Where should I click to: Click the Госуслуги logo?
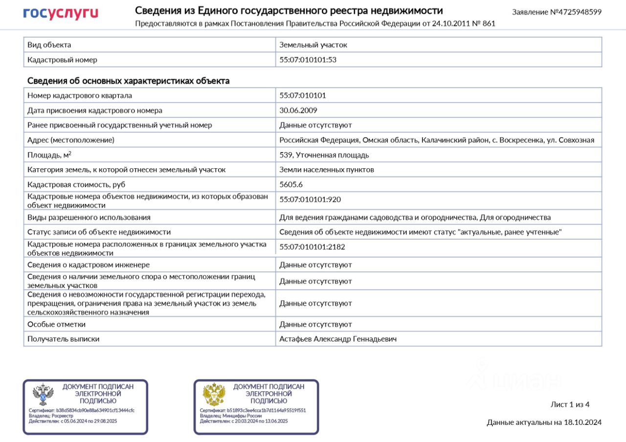tap(61, 13)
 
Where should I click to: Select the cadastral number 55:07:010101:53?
tap(308, 60)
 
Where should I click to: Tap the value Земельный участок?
tap(313, 44)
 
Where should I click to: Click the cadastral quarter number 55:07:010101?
tap(302, 95)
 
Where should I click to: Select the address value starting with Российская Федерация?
tap(437, 140)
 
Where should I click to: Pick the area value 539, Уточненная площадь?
tap(324, 155)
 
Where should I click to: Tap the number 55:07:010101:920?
tap(310, 199)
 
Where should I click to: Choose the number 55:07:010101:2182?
tap(312, 247)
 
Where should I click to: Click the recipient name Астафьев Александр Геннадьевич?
tap(338, 338)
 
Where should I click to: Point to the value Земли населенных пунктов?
tap(326, 170)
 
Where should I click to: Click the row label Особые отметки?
tap(56, 324)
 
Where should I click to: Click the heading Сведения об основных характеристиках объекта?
tap(128, 81)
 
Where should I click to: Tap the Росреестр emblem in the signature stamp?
tap(43, 395)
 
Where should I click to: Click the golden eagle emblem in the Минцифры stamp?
tap(214, 395)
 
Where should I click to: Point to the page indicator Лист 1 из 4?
tap(570, 404)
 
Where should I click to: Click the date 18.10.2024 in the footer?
tap(582, 422)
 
